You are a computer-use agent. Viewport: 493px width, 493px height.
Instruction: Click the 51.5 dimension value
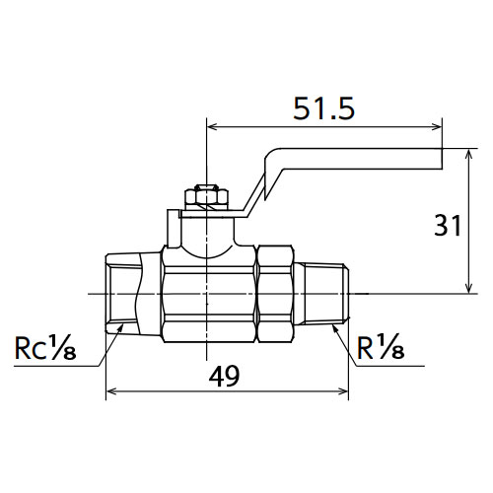(x=324, y=108)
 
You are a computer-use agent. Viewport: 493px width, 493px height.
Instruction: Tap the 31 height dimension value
(x=448, y=225)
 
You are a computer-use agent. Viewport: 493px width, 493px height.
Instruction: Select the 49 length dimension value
(x=225, y=377)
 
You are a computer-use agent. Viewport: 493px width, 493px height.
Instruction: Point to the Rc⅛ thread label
(x=45, y=347)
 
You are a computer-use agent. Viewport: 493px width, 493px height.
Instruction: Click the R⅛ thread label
(x=381, y=346)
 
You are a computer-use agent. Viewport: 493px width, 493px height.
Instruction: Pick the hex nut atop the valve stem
(x=206, y=196)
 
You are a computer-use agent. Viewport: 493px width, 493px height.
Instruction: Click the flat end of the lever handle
(x=441, y=159)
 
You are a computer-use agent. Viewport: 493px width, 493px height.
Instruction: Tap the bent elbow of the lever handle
(x=273, y=161)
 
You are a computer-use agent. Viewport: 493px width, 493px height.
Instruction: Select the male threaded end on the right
(x=326, y=294)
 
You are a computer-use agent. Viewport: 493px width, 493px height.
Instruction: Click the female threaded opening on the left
(x=121, y=294)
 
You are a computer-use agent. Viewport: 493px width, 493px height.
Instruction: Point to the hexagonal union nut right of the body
(x=274, y=294)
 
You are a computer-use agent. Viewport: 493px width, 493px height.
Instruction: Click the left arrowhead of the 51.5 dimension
(x=213, y=126)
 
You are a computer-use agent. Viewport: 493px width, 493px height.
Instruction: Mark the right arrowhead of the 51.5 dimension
(x=436, y=126)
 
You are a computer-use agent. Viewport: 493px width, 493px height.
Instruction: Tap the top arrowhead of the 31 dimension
(x=469, y=155)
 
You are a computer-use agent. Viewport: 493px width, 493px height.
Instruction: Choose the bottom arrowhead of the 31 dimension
(x=469, y=287)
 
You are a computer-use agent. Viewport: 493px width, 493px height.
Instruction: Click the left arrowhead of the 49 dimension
(x=111, y=391)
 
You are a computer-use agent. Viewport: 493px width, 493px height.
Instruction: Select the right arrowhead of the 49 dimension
(x=342, y=391)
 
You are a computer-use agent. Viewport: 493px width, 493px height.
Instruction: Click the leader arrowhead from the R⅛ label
(x=335, y=328)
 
